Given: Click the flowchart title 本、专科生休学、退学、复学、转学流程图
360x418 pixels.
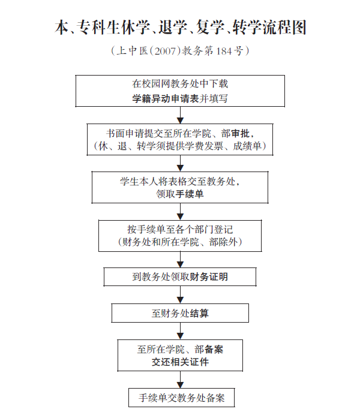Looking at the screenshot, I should (180, 28).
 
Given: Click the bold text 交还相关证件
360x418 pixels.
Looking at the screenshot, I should (180, 363).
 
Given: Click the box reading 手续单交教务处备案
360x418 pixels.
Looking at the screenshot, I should (181, 398).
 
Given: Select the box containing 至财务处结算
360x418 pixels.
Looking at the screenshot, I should (180, 313).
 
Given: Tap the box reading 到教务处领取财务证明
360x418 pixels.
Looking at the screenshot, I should (180, 276).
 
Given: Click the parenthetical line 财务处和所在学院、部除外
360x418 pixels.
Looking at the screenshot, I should (180, 243).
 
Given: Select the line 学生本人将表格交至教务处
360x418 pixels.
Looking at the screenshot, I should (180, 181).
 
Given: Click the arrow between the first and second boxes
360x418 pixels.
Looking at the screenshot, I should (180, 116).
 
